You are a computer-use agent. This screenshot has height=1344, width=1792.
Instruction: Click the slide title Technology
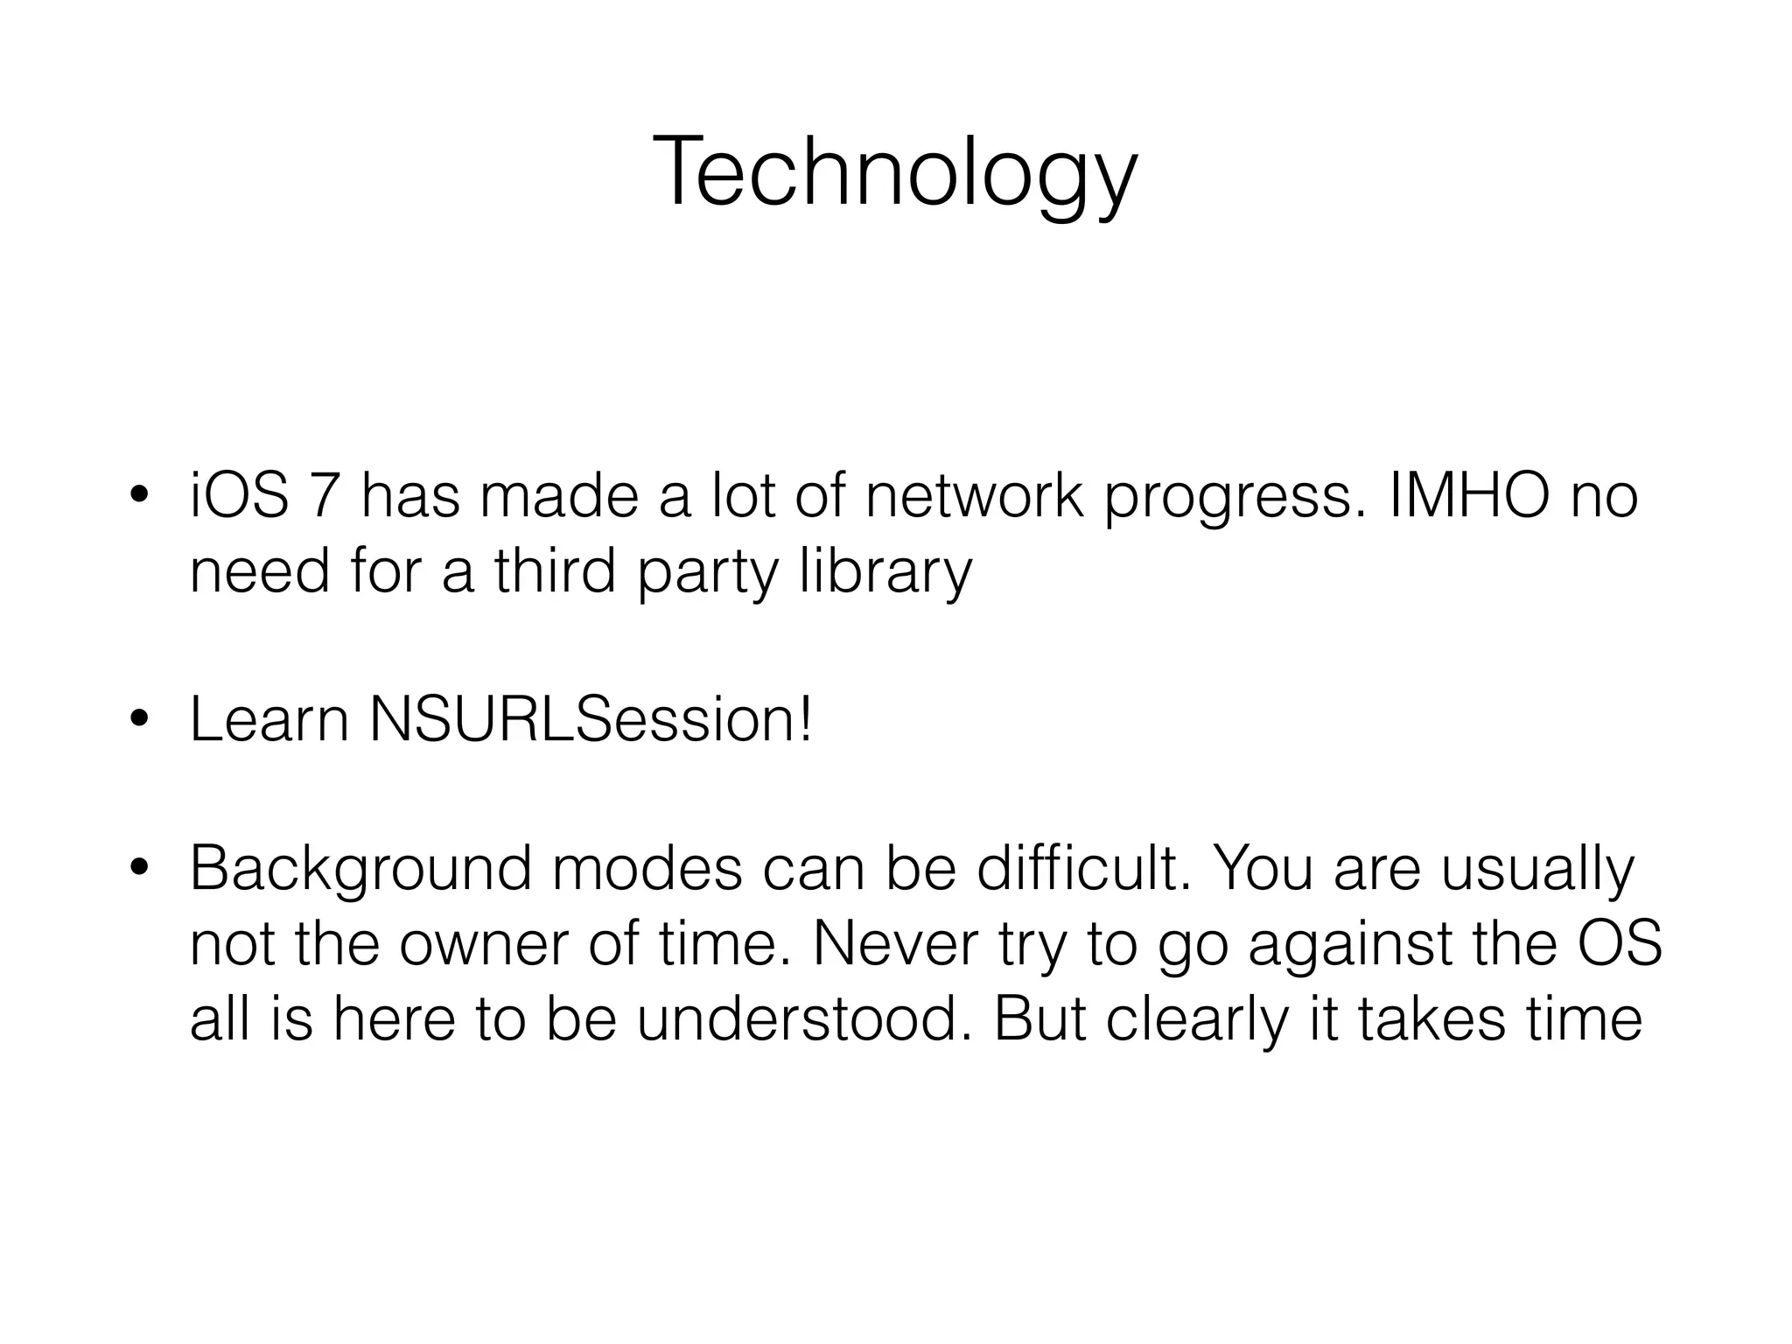coord(894,172)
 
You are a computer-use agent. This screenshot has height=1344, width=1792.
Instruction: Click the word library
coord(885,573)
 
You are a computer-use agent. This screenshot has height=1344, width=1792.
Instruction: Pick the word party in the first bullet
coord(707,573)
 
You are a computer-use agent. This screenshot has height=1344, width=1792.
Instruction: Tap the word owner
coord(484,944)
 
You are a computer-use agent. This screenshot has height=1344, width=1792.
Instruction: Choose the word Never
coord(896,944)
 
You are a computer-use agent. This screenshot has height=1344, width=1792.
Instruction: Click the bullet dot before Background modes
coord(138,870)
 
